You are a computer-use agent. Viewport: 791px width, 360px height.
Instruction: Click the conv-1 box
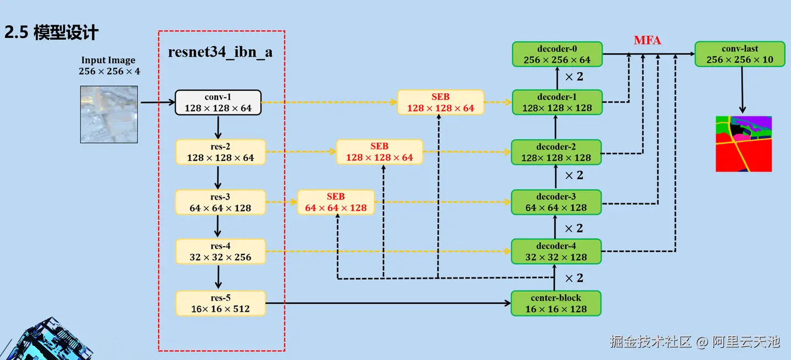(x=218, y=103)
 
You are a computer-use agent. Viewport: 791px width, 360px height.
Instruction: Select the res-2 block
(x=220, y=152)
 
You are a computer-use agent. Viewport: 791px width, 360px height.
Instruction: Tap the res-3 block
(x=220, y=202)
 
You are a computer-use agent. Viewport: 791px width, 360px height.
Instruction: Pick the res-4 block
(x=220, y=252)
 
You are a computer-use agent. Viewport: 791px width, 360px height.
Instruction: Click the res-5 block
(x=220, y=303)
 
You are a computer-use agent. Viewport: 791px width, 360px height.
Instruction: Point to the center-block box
(x=556, y=303)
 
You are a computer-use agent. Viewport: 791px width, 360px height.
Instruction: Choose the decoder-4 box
(x=556, y=252)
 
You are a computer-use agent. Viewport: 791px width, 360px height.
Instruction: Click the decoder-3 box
(x=556, y=202)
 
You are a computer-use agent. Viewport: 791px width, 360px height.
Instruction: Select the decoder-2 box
(x=556, y=152)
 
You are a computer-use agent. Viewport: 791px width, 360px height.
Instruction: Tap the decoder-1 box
(x=557, y=103)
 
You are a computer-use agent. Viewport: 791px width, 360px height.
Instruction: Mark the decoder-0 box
(x=557, y=54)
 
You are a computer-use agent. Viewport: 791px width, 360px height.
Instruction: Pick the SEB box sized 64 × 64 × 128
(x=336, y=202)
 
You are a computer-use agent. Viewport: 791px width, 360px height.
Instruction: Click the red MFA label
(x=647, y=41)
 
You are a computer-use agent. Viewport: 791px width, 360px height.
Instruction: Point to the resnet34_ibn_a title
(x=220, y=52)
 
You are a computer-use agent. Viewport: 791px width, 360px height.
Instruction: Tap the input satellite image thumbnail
(x=109, y=114)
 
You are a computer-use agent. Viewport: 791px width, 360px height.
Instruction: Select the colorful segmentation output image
(x=744, y=144)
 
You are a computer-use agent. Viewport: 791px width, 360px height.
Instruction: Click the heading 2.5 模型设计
(x=51, y=32)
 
